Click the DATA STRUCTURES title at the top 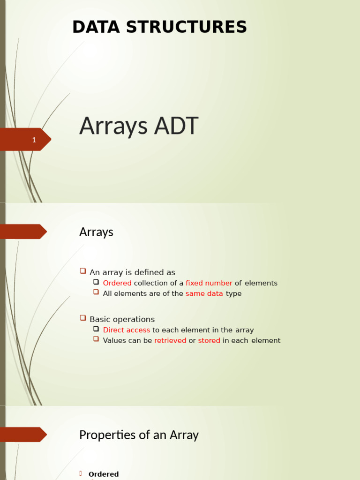pos(159,27)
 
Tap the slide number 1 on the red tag pos(34,140)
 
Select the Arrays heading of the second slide pos(96,232)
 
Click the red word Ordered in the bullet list pos(117,283)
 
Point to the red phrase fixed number pos(209,283)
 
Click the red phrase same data pos(204,293)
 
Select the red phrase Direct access pos(127,330)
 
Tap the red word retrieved pos(170,340)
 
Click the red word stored pos(209,340)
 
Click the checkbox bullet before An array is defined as pos(83,271)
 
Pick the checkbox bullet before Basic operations pos(83,318)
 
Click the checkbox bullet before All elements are pos(96,292)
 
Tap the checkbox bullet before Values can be pos(96,339)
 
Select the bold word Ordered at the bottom pos(104,474)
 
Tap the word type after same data pos(233,293)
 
